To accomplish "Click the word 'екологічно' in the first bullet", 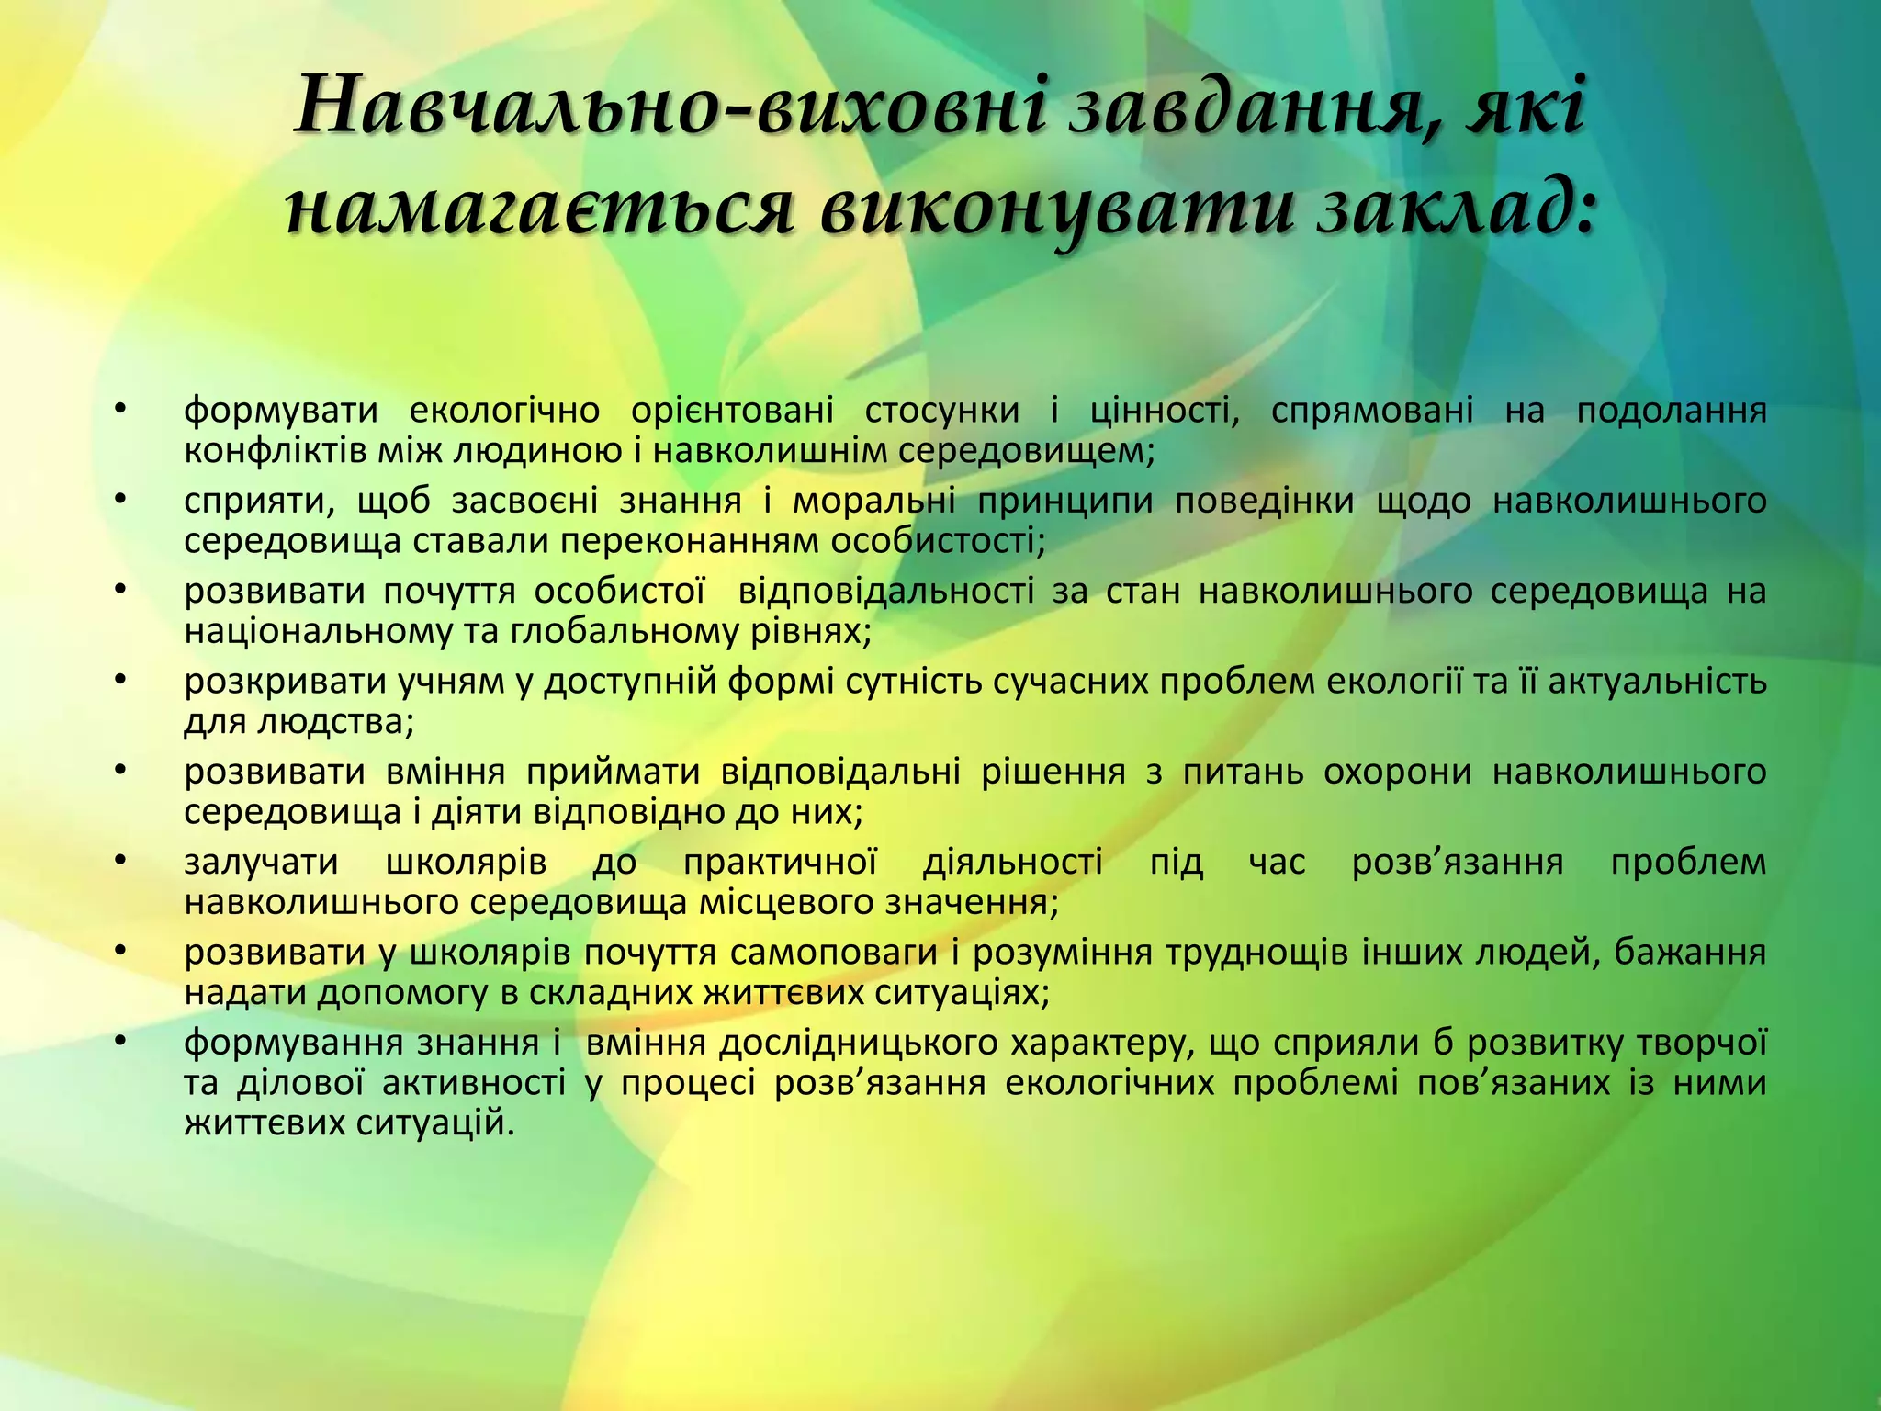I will (504, 411).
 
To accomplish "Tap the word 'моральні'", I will (873, 501).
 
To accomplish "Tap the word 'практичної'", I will (780, 863).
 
